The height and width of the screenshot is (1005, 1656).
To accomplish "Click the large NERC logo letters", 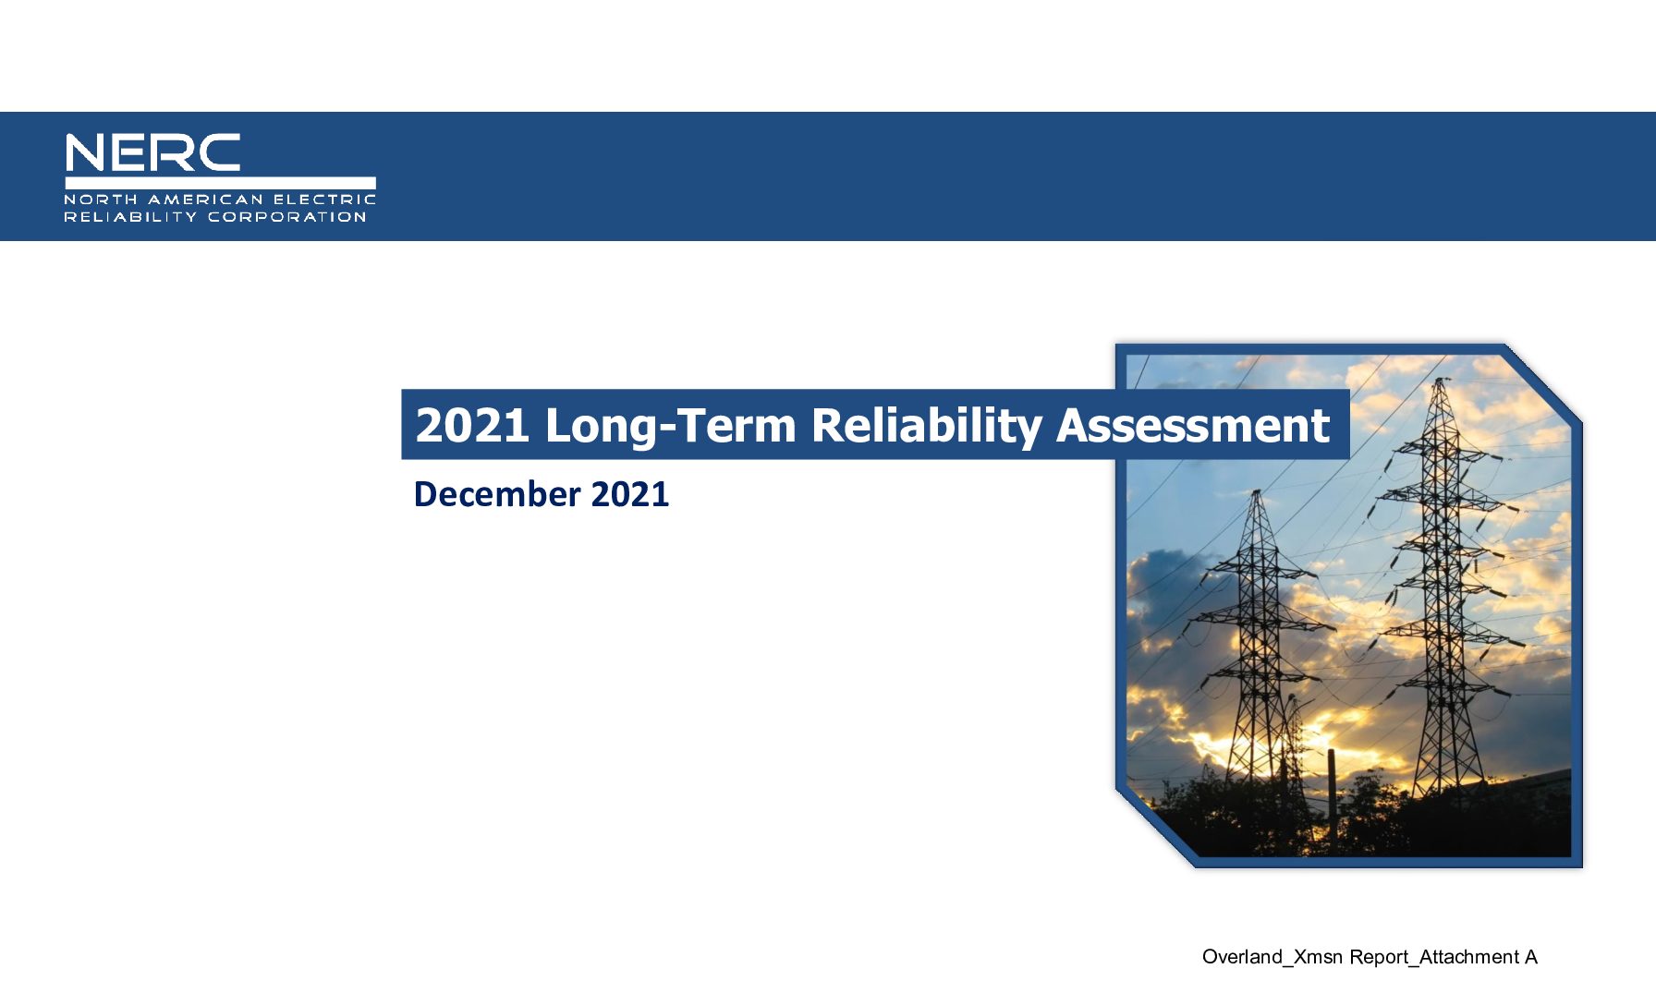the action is coord(152,152).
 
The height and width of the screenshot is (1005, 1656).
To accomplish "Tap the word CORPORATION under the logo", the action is coord(287,217).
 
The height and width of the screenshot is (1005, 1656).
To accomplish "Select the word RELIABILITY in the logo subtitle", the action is coord(130,217).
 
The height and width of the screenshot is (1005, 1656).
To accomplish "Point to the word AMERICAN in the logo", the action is coord(205,200).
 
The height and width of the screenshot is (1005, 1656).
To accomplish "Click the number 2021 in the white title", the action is coord(472,426).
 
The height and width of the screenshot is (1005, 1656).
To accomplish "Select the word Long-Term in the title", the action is coord(671,426).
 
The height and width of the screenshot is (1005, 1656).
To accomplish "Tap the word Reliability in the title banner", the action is coord(926,426).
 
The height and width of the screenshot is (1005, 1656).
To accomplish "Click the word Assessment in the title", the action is coord(1193,426).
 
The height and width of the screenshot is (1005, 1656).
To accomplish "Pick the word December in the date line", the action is coord(497,494).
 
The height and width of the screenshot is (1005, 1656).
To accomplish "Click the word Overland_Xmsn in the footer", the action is coord(1272,957).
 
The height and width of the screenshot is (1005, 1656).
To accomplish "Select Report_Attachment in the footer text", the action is coord(1434,957).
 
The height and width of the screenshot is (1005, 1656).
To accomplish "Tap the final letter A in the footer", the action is coord(1531,957).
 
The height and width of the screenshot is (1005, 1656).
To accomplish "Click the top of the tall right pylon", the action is coord(1439,381).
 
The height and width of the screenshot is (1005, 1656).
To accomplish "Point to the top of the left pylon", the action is coord(1256,493).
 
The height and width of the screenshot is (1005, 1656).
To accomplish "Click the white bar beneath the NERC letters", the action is coord(220,183).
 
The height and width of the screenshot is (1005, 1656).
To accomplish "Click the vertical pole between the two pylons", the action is coord(1333,799).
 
